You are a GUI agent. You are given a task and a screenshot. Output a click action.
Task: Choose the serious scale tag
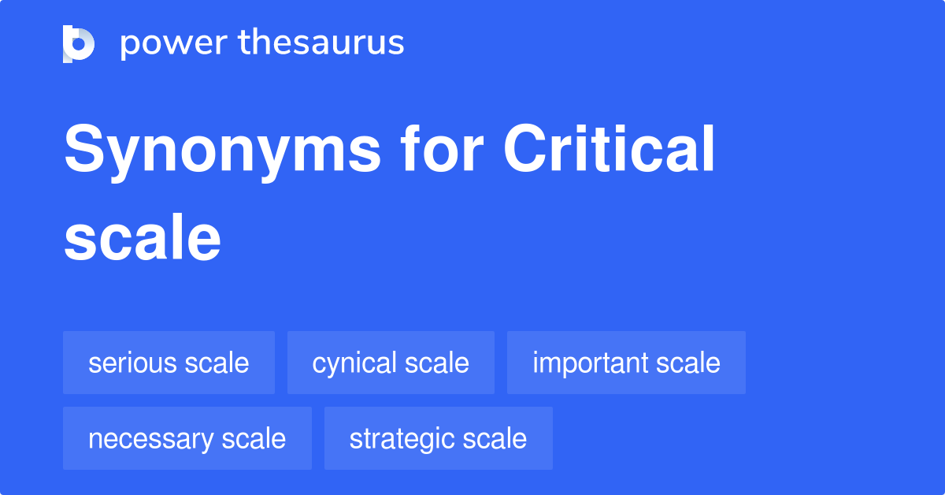[x=169, y=363]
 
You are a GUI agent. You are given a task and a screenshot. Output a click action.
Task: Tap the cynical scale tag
[x=391, y=363]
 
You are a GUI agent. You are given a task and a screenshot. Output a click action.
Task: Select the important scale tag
[x=626, y=363]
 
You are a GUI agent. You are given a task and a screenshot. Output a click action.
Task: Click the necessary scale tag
[x=187, y=438]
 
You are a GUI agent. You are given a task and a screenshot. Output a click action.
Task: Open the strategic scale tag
[x=438, y=438]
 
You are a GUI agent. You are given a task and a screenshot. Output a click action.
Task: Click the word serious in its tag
[x=132, y=363]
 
